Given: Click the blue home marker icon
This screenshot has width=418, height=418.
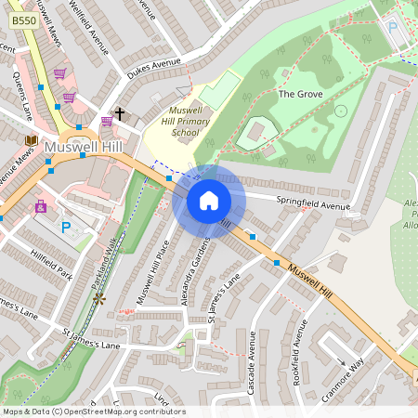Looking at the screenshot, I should click(209, 201).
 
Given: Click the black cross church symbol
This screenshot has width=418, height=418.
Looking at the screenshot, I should click(120, 112).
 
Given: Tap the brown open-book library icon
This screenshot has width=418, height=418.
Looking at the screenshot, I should click(31, 140).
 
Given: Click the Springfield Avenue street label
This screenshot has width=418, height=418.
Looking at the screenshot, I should click(313, 203).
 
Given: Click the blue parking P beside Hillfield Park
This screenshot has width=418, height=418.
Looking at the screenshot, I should click(65, 227).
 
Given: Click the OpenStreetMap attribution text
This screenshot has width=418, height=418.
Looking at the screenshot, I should click(94, 411).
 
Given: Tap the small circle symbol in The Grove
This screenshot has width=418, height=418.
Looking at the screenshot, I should click(340, 111).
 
